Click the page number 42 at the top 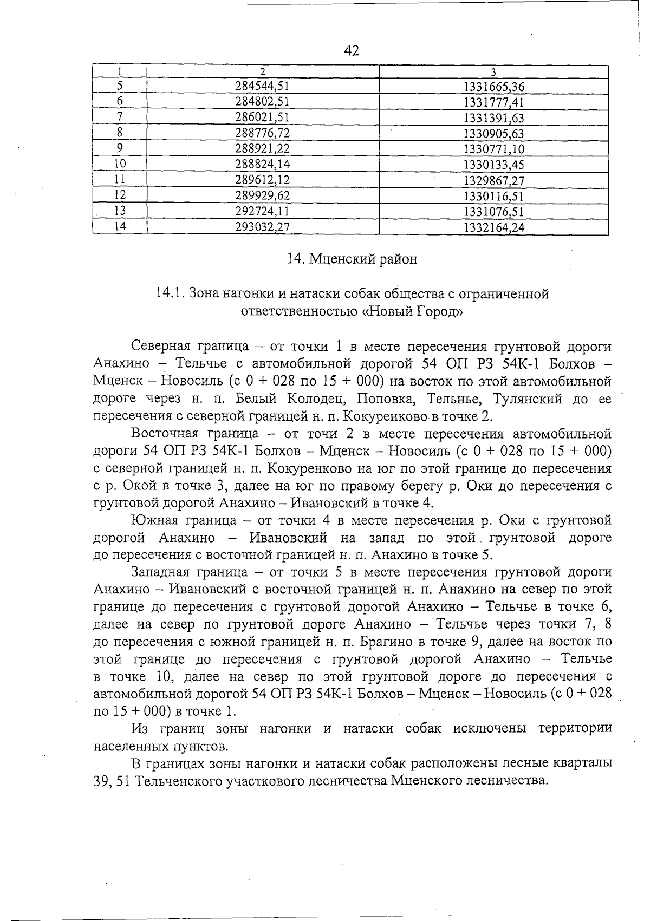click(x=352, y=50)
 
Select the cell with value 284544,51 click(x=262, y=86)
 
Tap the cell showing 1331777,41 click(x=494, y=102)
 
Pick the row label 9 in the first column click(x=120, y=148)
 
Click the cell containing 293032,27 click(x=262, y=227)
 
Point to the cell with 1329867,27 click(x=494, y=180)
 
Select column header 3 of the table click(x=493, y=71)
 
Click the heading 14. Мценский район click(x=352, y=259)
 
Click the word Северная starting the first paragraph click(x=160, y=346)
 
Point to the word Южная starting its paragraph click(x=153, y=520)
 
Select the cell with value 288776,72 click(x=262, y=133)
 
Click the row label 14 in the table click(x=120, y=227)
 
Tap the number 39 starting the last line click(x=102, y=781)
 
